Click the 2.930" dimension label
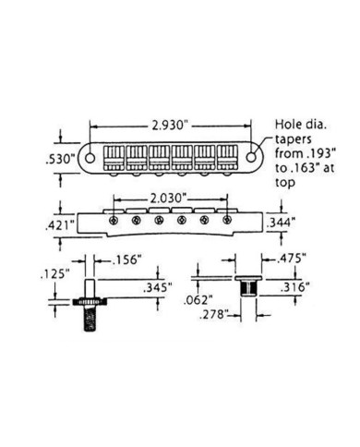click(x=170, y=126)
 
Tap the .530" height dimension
click(x=60, y=160)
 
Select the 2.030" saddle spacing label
click(x=169, y=199)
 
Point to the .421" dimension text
click(x=60, y=226)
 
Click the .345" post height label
click(x=157, y=287)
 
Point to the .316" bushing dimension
click(x=294, y=287)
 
